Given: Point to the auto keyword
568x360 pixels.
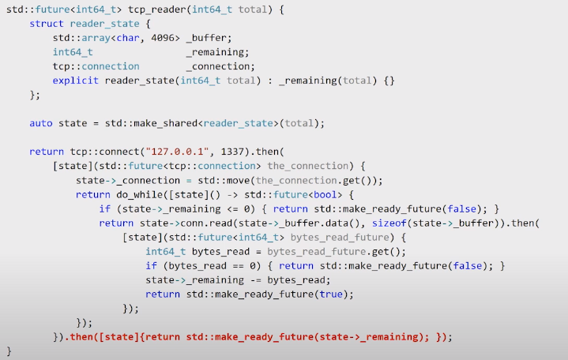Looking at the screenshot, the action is [x=41, y=123].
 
